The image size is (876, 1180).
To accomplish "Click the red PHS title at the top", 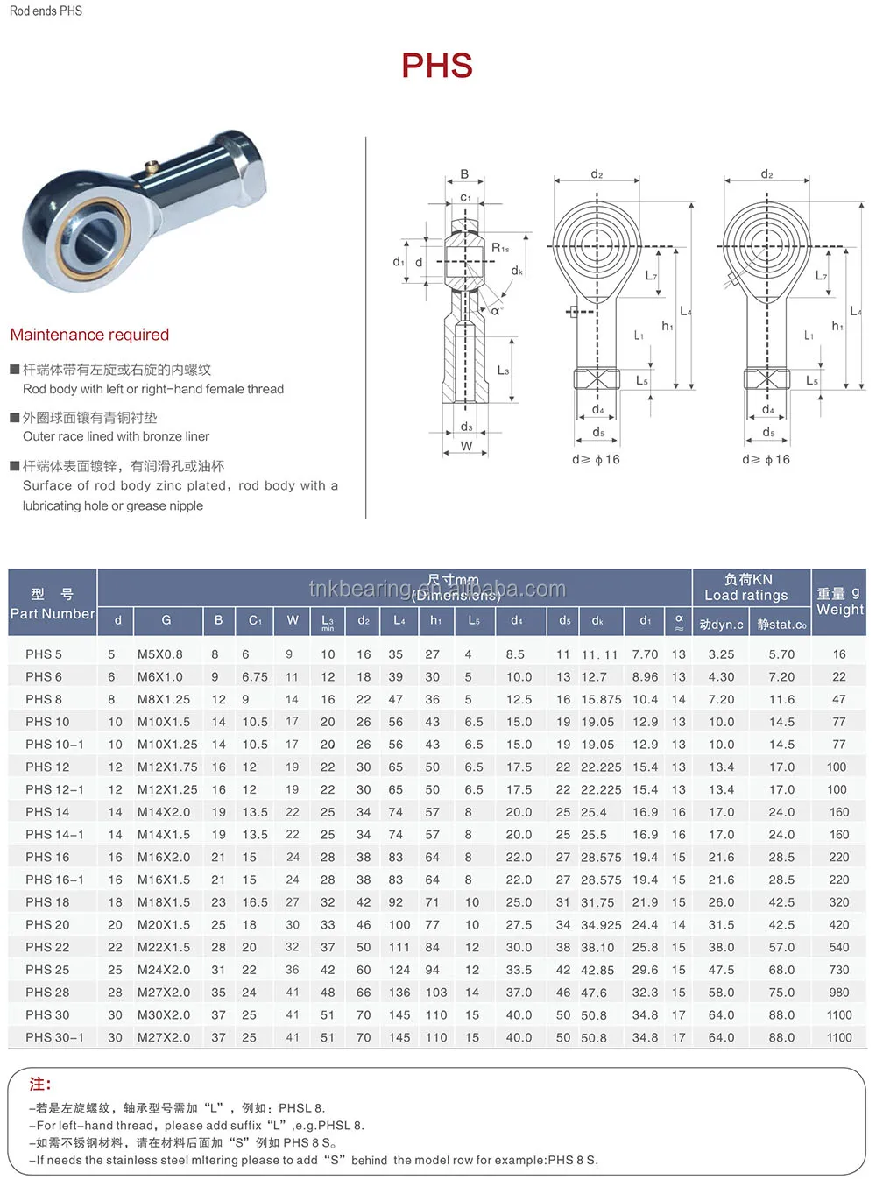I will [x=437, y=66].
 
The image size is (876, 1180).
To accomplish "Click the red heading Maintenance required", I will [x=89, y=335].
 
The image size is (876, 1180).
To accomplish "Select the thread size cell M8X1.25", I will [x=164, y=699].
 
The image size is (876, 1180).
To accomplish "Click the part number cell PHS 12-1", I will [x=54, y=789].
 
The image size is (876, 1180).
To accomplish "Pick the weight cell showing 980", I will [x=839, y=993].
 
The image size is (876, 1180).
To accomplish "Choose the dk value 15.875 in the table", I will [x=601, y=699].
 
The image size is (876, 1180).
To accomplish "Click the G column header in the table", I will [x=166, y=620].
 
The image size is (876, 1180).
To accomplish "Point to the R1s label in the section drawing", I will [x=500, y=248].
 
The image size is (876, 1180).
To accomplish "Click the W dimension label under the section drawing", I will [x=466, y=446].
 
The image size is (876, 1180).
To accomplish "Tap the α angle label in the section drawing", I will [x=496, y=310].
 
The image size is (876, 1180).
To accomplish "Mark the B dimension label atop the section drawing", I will [x=464, y=174].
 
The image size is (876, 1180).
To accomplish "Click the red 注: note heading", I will [x=40, y=1085].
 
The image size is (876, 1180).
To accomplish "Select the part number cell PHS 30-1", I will [x=54, y=1037].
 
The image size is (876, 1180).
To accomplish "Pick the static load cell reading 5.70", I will [x=781, y=654].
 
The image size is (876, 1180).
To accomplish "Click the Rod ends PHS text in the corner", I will [x=46, y=11].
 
